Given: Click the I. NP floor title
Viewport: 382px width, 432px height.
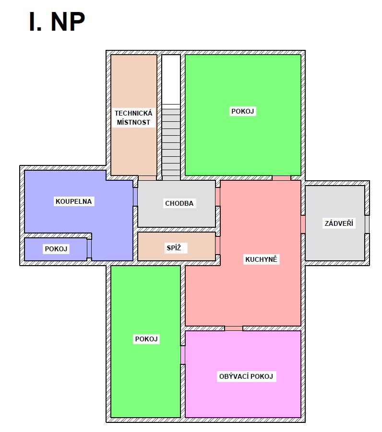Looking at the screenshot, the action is pyautogui.click(x=57, y=22).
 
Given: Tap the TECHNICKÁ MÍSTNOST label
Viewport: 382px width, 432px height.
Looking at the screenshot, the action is pyautogui.click(x=133, y=117).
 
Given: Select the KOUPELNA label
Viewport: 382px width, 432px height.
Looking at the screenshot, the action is pyautogui.click(x=73, y=201).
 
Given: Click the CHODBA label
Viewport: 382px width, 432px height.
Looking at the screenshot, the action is pyautogui.click(x=179, y=203).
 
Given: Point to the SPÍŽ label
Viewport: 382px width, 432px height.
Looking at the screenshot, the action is pyautogui.click(x=174, y=248).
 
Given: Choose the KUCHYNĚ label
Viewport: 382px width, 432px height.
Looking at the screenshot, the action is pyautogui.click(x=261, y=259).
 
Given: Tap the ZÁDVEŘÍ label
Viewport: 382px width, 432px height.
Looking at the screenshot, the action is pyautogui.click(x=339, y=223).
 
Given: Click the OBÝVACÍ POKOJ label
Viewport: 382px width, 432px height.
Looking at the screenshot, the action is pyautogui.click(x=246, y=376).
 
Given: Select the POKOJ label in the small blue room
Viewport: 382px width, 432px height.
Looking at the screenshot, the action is pyautogui.click(x=56, y=249).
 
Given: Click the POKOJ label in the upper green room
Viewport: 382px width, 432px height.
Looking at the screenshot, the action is pyautogui.click(x=243, y=111).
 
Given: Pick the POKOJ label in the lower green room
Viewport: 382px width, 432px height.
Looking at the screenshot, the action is pyautogui.click(x=146, y=339).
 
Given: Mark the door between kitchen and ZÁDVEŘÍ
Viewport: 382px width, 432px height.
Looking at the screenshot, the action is pyautogui.click(x=303, y=224).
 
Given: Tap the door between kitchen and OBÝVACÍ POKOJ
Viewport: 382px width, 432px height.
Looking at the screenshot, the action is pyautogui.click(x=234, y=328).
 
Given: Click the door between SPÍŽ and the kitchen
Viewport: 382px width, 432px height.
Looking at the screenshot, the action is pyautogui.click(x=217, y=245).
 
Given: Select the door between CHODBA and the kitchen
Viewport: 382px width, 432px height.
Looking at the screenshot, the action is pyautogui.click(x=217, y=197).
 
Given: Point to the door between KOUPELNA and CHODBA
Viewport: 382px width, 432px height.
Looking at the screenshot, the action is pyautogui.click(x=135, y=197).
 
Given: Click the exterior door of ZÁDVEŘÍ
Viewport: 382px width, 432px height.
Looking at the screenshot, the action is pyautogui.click(x=367, y=224).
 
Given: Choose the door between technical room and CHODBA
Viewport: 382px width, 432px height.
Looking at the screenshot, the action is pyautogui.click(x=147, y=178).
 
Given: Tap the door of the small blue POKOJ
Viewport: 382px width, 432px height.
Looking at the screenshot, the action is pyautogui.click(x=89, y=248).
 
